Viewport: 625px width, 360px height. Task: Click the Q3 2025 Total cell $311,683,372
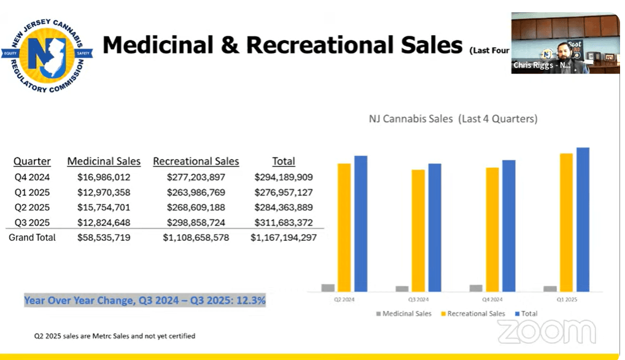pyautogui.click(x=283, y=222)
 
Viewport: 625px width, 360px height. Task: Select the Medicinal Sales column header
pyautogui.click(x=104, y=162)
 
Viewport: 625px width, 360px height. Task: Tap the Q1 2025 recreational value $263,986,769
pyautogui.click(x=196, y=192)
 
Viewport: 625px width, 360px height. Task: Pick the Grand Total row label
pyautogui.click(x=32, y=237)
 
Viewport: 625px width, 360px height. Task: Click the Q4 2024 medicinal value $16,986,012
pyautogui.click(x=104, y=177)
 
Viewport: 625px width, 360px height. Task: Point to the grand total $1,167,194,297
pyautogui.click(x=283, y=237)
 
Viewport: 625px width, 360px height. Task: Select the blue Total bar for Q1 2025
pyautogui.click(x=583, y=219)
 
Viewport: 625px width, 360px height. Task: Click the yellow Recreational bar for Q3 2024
pyautogui.click(x=418, y=230)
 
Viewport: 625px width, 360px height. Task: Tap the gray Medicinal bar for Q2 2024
pyautogui.click(x=328, y=288)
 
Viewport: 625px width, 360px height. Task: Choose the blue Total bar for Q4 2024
pyautogui.click(x=509, y=225)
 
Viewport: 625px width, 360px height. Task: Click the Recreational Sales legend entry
pyautogui.click(x=472, y=313)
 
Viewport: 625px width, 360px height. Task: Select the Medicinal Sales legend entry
pyautogui.click(x=403, y=313)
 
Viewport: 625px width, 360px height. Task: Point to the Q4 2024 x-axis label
pyautogui.click(x=493, y=299)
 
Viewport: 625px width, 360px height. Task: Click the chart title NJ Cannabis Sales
pyautogui.click(x=452, y=119)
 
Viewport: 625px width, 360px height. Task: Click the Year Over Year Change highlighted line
pyautogui.click(x=145, y=300)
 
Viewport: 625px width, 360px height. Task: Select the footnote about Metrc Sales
pyautogui.click(x=115, y=336)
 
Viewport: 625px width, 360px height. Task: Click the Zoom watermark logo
pyautogui.click(x=546, y=332)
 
